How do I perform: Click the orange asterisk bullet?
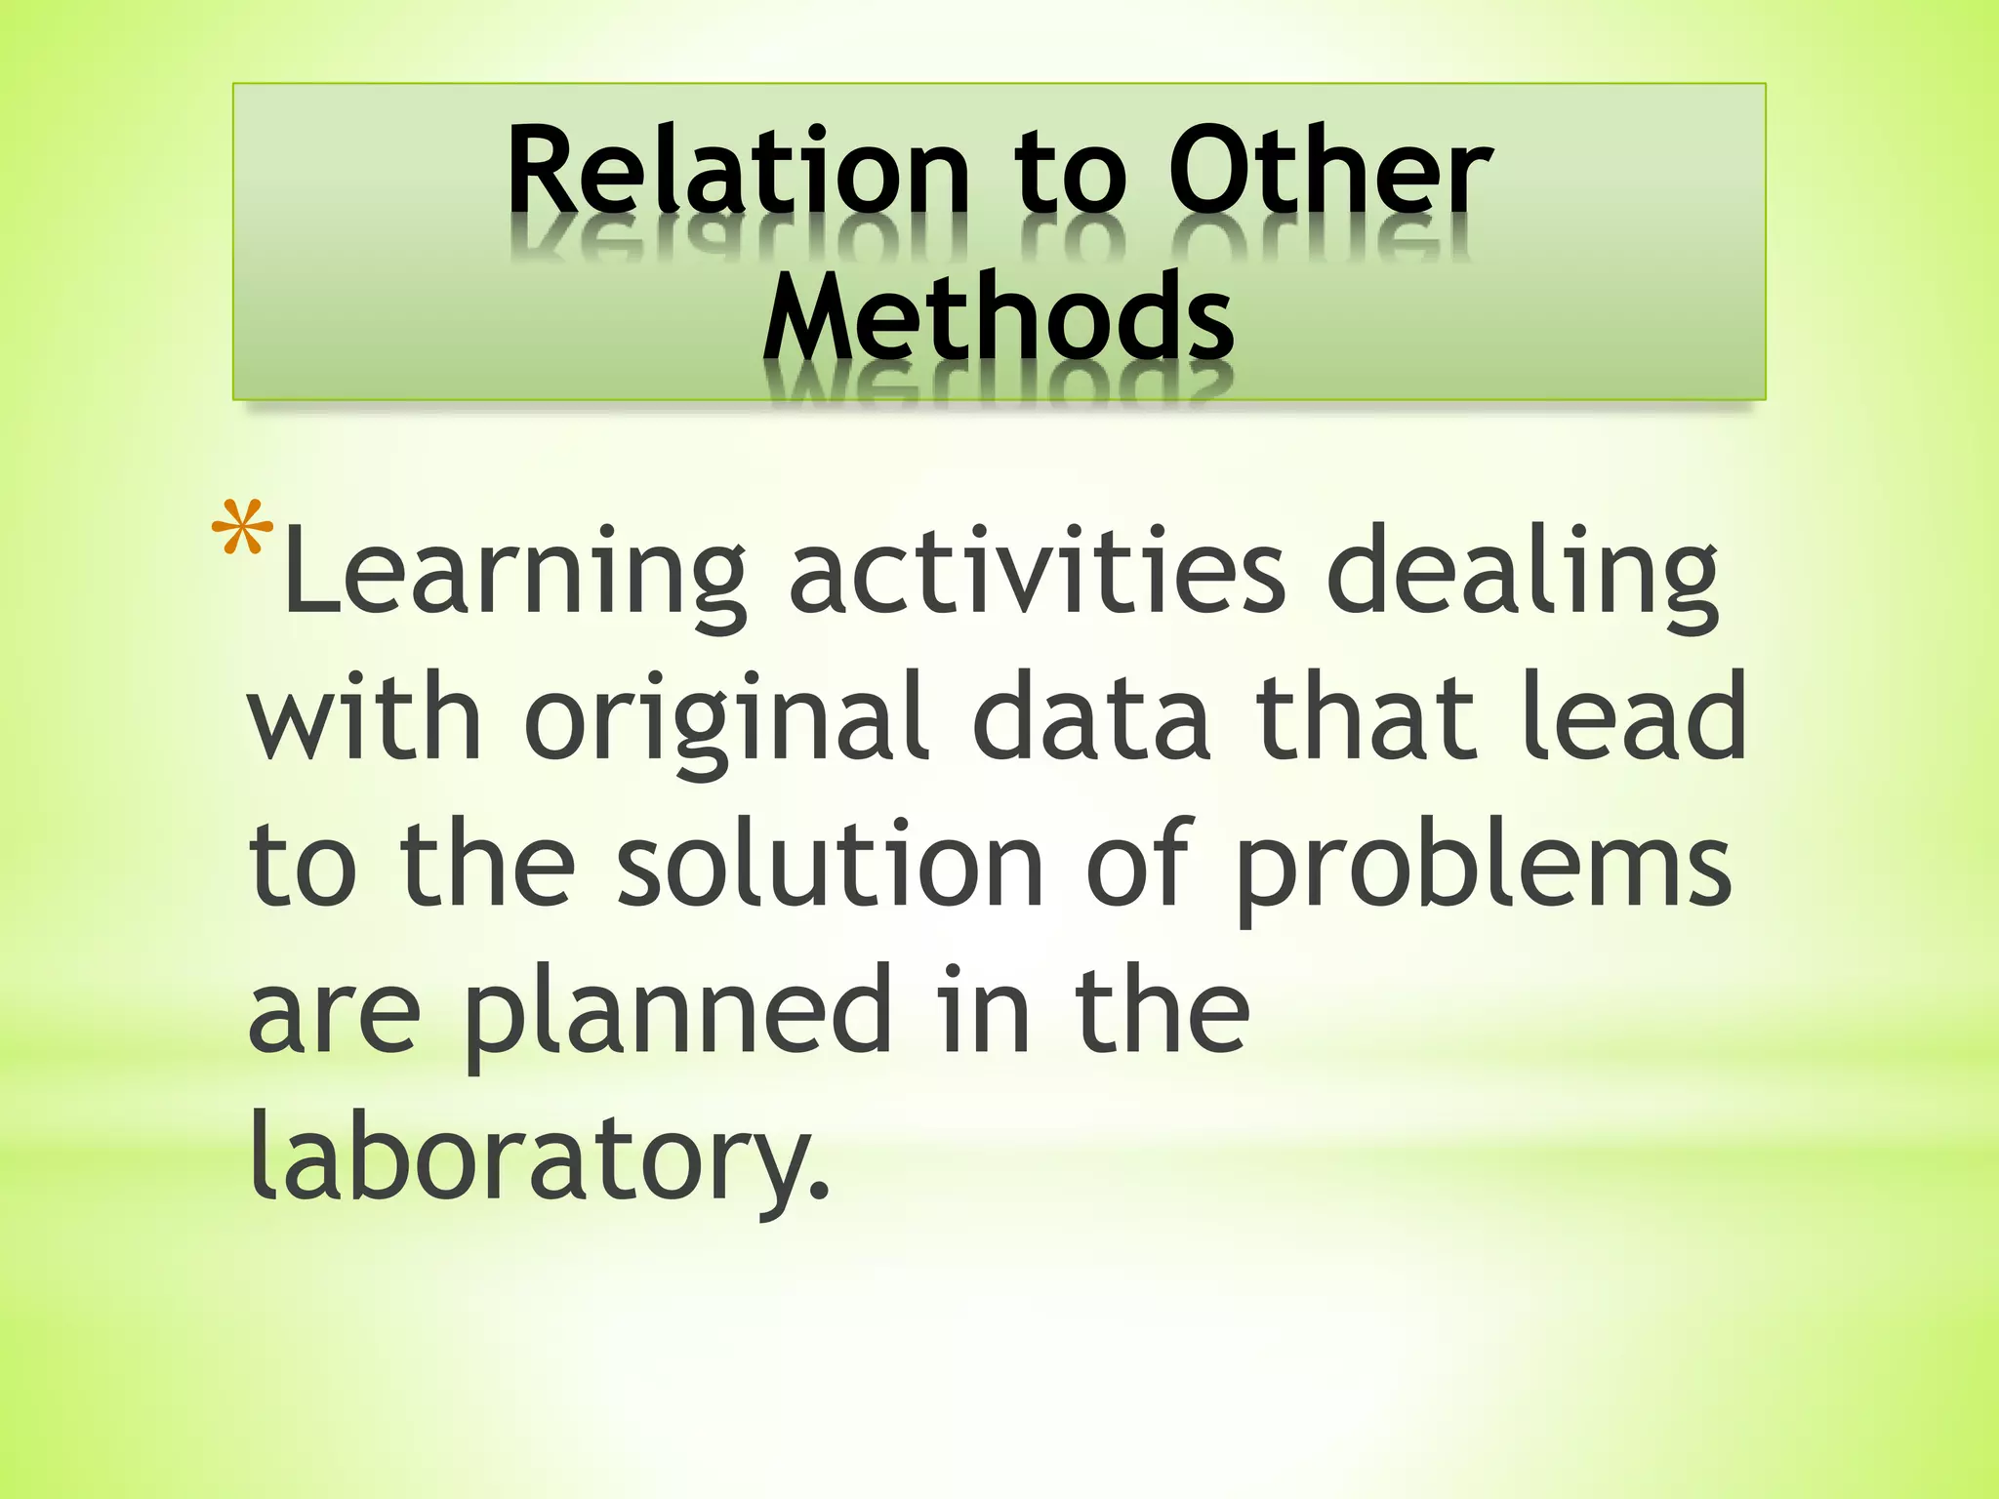click(x=242, y=531)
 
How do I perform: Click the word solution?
click(x=831, y=863)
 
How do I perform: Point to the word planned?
click(x=678, y=1015)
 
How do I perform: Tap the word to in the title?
click(x=1071, y=174)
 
